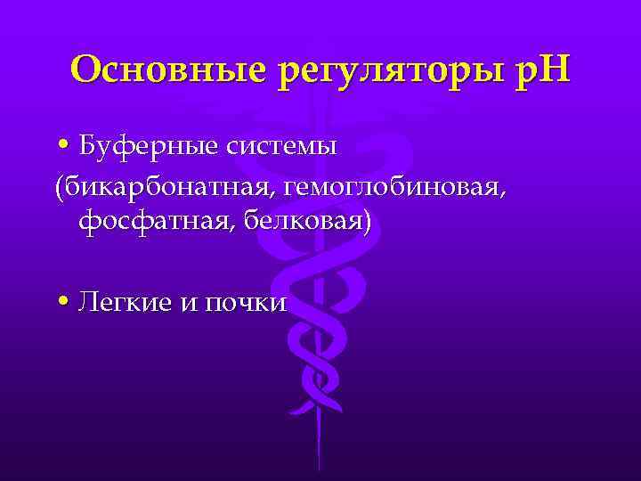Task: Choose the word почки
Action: tap(245, 304)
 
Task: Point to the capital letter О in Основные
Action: tap(86, 69)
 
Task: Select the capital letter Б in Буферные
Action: tap(87, 145)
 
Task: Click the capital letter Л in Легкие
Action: tap(87, 303)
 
